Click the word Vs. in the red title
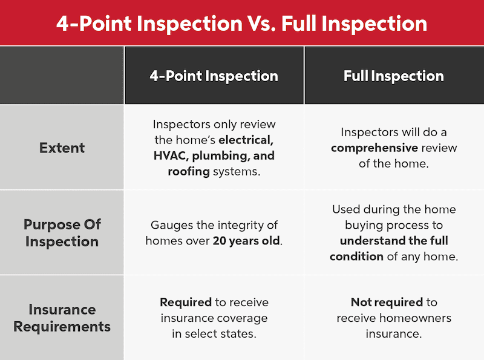pyautogui.click(x=262, y=24)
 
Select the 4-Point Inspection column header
pyautogui.click(x=214, y=76)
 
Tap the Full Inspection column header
pyautogui.click(x=394, y=76)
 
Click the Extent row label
pyautogui.click(x=62, y=148)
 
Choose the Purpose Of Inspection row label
pyautogui.click(x=62, y=233)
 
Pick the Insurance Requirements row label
pyautogui.click(x=62, y=318)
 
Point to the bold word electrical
pyautogui.click(x=246, y=140)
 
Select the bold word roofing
pyautogui.click(x=189, y=172)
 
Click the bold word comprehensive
pyautogui.click(x=374, y=148)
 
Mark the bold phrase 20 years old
pyautogui.click(x=246, y=241)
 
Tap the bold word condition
pyautogui.click(x=356, y=257)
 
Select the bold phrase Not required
pyautogui.click(x=387, y=303)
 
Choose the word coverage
pyautogui.click(x=242, y=318)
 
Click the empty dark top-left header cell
pyautogui.click(x=62, y=76)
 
